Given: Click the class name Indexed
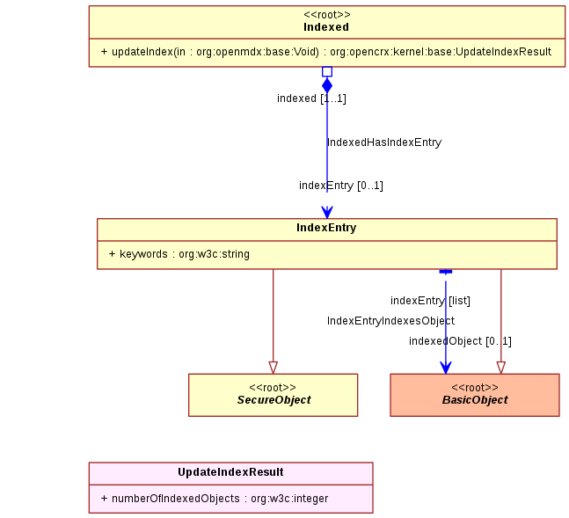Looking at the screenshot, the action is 326,27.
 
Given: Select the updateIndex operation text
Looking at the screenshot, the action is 326,52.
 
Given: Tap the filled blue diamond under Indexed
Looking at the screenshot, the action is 327,85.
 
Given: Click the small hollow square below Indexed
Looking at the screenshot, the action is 327,71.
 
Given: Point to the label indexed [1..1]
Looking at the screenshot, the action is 311,98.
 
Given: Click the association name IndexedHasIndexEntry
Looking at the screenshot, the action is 384,142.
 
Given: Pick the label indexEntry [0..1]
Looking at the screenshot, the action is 341,186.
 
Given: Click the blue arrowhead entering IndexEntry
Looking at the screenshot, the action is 327,212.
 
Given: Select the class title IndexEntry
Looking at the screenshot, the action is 326,228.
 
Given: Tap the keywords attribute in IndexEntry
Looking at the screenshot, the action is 179,254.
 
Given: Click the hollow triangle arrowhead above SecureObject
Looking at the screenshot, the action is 274,368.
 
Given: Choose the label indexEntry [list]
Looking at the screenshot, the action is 430,301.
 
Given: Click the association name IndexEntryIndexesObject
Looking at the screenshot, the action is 390,321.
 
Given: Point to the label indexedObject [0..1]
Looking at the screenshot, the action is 460,341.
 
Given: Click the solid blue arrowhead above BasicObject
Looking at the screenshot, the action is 446,368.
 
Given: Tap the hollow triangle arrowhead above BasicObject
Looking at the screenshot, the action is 501,368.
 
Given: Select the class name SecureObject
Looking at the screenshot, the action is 274,400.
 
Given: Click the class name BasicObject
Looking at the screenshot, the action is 475,400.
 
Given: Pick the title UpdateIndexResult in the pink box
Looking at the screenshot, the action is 230,472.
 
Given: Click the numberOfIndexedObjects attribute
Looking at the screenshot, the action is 215,499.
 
